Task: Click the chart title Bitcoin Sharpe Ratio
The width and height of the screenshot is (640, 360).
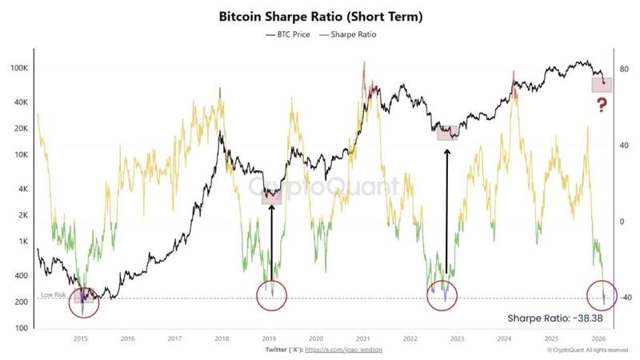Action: tap(320, 15)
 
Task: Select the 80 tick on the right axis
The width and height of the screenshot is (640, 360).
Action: tap(623, 69)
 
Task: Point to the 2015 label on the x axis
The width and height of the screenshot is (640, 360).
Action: tap(81, 338)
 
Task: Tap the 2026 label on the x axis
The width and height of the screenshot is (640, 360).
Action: tap(598, 338)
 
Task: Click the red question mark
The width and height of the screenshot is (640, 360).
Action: tap(602, 105)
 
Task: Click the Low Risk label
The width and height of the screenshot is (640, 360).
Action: tap(53, 295)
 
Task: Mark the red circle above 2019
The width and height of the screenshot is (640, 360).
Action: tap(272, 295)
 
